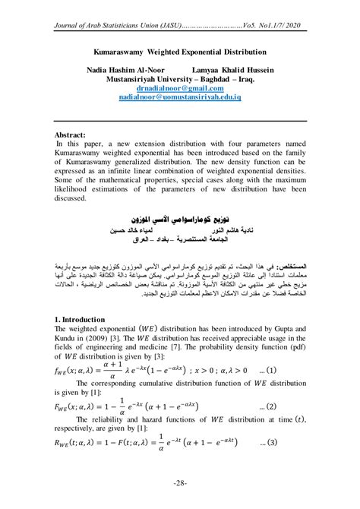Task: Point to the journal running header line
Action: pyautogui.click(x=180, y=27)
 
